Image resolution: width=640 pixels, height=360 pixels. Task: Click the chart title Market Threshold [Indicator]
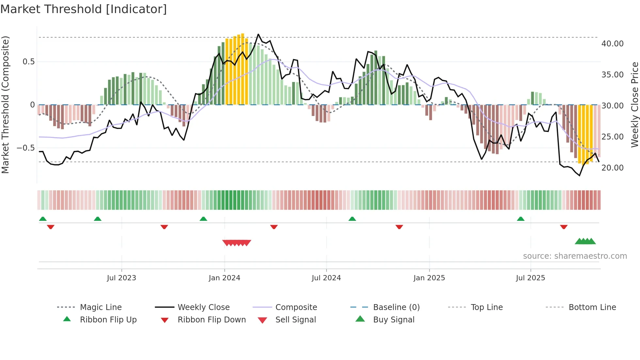pyautogui.click(x=84, y=9)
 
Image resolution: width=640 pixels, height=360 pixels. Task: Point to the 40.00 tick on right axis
pyautogui.click(x=612, y=44)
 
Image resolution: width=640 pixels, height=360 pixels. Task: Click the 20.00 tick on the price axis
pyautogui.click(x=612, y=168)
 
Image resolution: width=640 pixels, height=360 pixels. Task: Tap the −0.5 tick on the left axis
pyautogui.click(x=26, y=148)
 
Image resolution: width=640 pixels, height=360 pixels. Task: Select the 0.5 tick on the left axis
pyautogui.click(x=28, y=62)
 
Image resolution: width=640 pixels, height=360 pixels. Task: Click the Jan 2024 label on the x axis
pyautogui.click(x=224, y=278)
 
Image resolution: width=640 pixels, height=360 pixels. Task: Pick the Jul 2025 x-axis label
pyautogui.click(x=530, y=278)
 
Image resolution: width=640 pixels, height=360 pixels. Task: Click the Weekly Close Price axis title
pyautogui.click(x=634, y=105)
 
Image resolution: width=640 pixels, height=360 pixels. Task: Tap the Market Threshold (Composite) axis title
pyautogui.click(x=5, y=105)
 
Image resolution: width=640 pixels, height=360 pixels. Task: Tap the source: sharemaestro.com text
pyautogui.click(x=575, y=256)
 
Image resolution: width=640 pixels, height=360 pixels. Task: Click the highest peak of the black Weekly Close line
pyautogui.click(x=258, y=34)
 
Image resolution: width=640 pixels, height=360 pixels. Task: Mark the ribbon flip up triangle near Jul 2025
pyautogui.click(x=520, y=219)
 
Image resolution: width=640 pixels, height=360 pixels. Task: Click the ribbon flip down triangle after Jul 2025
pyautogui.click(x=564, y=227)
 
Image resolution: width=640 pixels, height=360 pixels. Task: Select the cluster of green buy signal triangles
pyautogui.click(x=585, y=241)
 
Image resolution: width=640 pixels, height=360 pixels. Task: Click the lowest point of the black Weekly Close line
pyautogui.click(x=580, y=176)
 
